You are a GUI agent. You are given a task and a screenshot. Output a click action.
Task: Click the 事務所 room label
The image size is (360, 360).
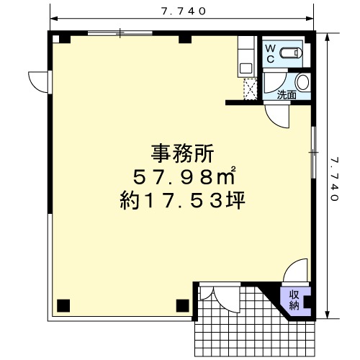[182, 153]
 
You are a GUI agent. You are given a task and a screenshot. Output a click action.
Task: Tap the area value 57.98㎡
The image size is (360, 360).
[184, 176]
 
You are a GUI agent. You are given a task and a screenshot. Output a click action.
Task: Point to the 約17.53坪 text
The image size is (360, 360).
[182, 200]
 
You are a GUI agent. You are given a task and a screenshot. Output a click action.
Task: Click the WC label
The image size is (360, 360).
[271, 53]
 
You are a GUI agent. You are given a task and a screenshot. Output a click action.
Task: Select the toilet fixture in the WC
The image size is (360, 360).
[290, 53]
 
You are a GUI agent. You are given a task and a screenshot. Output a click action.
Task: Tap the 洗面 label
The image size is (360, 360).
[287, 95]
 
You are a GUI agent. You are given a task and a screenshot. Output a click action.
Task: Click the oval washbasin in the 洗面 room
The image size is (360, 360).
[302, 82]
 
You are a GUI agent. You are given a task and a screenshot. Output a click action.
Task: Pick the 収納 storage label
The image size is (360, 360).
[294, 300]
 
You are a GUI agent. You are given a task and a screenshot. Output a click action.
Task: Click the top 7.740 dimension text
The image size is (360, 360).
[184, 11]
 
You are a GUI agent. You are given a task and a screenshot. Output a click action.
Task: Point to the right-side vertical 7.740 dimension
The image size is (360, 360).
[334, 179]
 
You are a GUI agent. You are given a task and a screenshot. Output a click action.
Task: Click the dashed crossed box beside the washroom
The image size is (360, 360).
[251, 89]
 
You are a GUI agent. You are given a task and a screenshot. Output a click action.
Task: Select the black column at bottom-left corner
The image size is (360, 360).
[63, 305]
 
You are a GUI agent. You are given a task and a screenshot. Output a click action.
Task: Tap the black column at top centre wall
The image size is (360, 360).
[185, 39]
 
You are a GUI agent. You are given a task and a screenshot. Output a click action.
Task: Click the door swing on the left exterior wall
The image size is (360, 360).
[38, 82]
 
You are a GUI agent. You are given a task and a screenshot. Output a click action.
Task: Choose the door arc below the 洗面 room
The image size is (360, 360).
[276, 115]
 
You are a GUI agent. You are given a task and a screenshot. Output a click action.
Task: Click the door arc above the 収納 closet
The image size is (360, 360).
[295, 270]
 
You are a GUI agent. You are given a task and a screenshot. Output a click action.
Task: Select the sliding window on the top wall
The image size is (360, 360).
[120, 33]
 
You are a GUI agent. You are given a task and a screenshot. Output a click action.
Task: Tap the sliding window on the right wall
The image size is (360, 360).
[313, 152]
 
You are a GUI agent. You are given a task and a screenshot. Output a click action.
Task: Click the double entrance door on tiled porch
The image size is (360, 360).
[220, 297]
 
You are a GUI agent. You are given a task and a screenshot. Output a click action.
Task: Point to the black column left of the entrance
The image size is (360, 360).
[183, 305]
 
